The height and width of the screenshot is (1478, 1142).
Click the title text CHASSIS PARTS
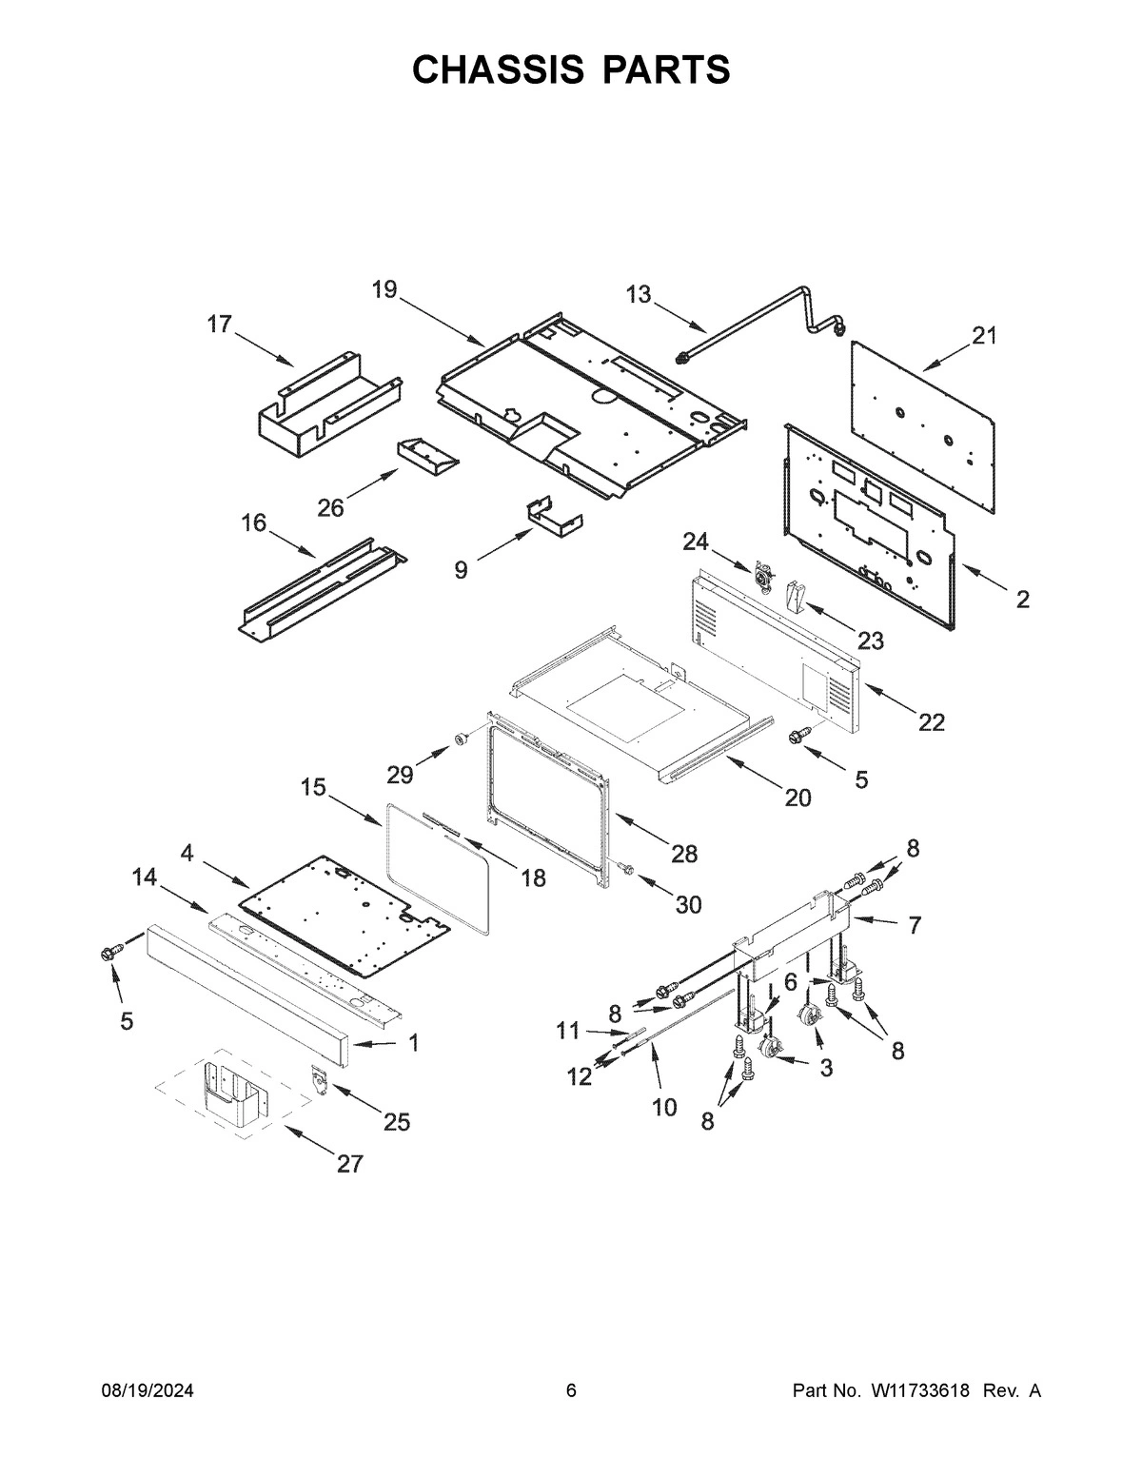click(571, 69)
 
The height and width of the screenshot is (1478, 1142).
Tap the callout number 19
click(384, 289)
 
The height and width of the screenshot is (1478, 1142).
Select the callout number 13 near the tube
click(639, 294)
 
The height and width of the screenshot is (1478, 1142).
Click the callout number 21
click(984, 335)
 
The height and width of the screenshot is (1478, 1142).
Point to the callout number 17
click(219, 325)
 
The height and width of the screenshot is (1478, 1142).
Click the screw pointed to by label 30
click(625, 868)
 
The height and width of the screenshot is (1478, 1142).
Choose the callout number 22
click(932, 722)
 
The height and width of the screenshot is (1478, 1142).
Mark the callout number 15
click(313, 787)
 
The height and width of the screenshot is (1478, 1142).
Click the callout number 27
click(350, 1163)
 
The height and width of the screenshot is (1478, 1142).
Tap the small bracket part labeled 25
click(317, 1079)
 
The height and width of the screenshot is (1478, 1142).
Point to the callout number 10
click(664, 1107)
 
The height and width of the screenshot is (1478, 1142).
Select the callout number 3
click(826, 1068)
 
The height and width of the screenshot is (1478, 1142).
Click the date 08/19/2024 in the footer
click(148, 1391)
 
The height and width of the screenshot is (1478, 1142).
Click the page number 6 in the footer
click(571, 1391)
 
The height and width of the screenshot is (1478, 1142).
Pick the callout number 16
click(253, 522)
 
